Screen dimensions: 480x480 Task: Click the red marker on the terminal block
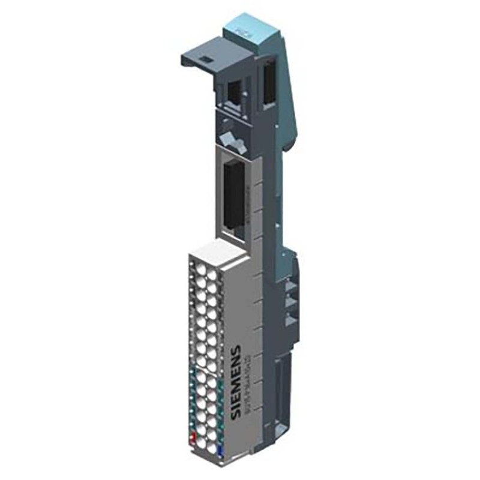click(x=193, y=436)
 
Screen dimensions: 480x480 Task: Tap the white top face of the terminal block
click(x=216, y=251)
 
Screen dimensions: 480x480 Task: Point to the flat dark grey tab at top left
click(x=204, y=57)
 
